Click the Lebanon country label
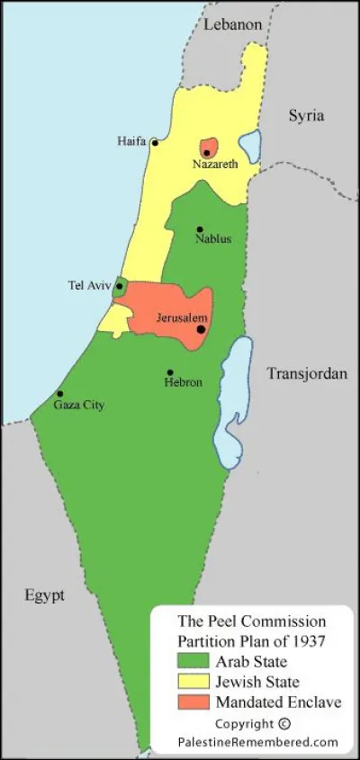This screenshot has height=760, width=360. coord(232,25)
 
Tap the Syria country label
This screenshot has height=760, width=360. coord(306,116)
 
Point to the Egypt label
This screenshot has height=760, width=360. coord(45,595)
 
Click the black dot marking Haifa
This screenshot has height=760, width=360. coord(155,142)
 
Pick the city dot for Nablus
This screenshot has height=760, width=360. coord(200,229)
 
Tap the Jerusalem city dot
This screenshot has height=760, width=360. coord(201,329)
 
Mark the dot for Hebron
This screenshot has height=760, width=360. coord(170,372)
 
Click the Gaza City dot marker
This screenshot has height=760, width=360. coord(60,394)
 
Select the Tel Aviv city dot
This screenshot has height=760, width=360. coord(119,286)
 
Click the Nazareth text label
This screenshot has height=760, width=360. coord(214,165)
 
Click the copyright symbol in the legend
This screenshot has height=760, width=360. coord(284,723)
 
